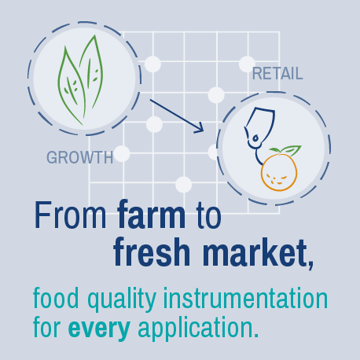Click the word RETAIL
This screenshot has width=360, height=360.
point(277,73)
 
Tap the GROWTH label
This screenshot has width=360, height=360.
point(79,157)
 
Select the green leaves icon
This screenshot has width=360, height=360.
point(80,80)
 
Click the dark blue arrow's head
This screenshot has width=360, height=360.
point(200,127)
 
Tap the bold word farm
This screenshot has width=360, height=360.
point(151,215)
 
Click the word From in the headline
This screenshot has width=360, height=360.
point(70,215)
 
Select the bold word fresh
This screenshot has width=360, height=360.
point(152,252)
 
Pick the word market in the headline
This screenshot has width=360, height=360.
point(255,252)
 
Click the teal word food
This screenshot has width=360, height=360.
point(56,298)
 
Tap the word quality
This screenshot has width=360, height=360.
point(122,300)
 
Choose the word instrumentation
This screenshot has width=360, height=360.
point(245,298)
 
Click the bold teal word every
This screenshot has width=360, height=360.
point(99,329)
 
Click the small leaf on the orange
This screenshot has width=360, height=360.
point(292,149)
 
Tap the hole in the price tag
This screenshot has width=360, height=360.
point(255,138)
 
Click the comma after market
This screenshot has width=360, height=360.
point(310,263)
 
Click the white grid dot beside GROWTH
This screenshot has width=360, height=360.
point(122,153)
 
